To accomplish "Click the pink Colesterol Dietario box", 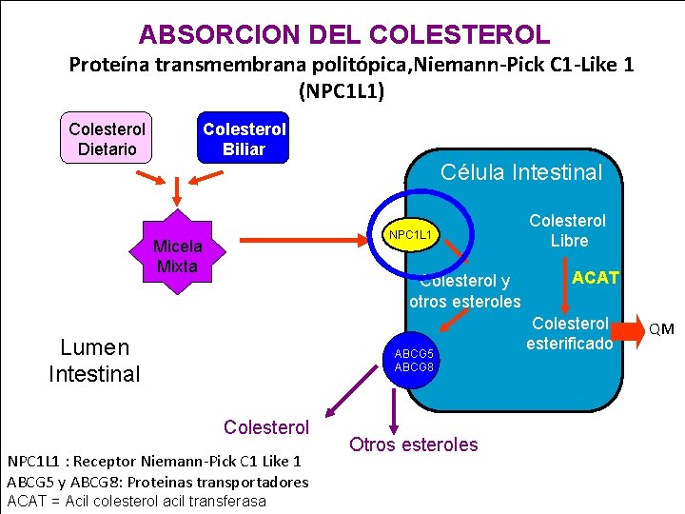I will click(x=108, y=139).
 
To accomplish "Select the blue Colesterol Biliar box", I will click(x=244, y=139).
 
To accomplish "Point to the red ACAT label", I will click(x=596, y=278).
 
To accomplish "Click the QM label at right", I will click(x=661, y=329).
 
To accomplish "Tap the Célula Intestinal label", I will click(x=521, y=172).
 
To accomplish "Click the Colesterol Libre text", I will click(x=568, y=230).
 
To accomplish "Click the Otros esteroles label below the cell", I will click(x=414, y=445).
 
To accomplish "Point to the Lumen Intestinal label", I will click(x=94, y=360).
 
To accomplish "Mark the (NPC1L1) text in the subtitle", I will click(x=342, y=92).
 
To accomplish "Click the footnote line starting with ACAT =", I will click(x=137, y=501).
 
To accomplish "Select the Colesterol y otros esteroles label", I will click(x=465, y=291).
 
